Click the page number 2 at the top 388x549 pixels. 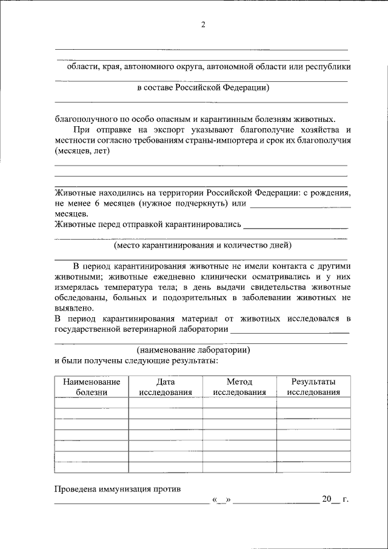[x=203, y=24]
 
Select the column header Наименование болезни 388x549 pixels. [x=92, y=386]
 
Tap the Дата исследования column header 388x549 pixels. [x=166, y=386]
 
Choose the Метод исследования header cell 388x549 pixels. [x=239, y=386]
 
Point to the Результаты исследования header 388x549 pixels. [x=313, y=386]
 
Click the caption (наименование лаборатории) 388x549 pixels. [x=193, y=350]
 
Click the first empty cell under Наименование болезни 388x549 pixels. [x=92, y=403]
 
